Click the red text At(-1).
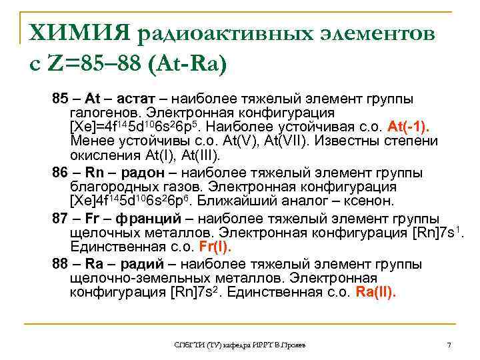pyautogui.click(x=408, y=127)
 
